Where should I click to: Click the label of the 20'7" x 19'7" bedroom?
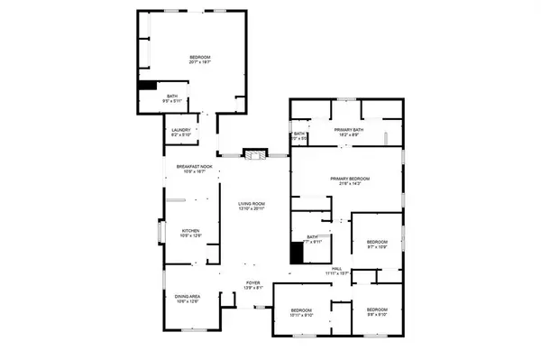point(199,59)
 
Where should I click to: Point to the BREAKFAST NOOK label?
point(194,166)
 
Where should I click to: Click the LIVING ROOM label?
point(252,204)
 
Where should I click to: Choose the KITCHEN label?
point(189,230)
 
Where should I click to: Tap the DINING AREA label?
point(188,296)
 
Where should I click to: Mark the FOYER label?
point(253,283)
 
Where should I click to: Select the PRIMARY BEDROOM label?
point(351,179)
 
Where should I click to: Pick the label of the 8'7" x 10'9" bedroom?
point(376,242)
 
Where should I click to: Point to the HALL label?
point(336,269)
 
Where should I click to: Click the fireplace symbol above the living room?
point(255,155)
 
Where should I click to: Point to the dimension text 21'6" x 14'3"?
point(351,183)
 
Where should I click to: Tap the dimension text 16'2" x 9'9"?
point(348,135)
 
